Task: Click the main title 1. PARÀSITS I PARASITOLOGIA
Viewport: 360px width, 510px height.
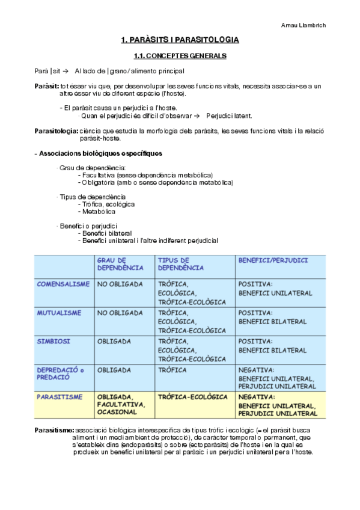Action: [180, 40]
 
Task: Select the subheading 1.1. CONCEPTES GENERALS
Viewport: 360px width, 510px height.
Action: [180, 56]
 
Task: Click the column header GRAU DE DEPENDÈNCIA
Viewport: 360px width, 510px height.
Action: [120, 264]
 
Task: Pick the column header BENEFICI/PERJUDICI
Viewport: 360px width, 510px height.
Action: [273, 260]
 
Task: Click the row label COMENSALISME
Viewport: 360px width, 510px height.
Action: [63, 284]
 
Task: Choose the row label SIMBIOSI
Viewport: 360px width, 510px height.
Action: [53, 341]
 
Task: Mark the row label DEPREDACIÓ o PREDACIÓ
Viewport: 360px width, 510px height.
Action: [61, 373]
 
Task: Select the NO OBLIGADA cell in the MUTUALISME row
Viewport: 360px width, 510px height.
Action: [120, 313]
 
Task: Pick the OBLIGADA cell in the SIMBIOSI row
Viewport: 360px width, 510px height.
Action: [114, 341]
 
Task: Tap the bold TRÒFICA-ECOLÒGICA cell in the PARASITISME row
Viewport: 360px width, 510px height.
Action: [192, 397]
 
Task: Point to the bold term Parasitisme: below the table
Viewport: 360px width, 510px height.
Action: [54, 430]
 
